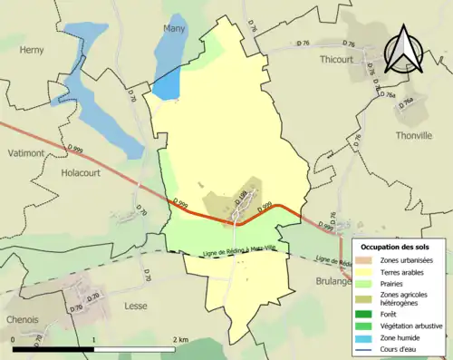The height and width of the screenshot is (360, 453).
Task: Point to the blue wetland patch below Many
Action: pos(166,85)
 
